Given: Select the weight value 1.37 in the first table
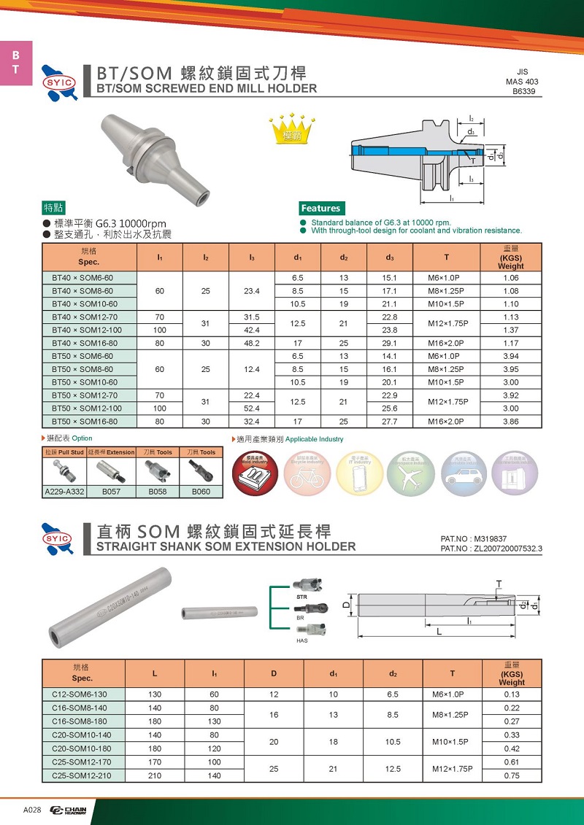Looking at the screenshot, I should [510, 328].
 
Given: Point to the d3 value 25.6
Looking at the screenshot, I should [389, 408].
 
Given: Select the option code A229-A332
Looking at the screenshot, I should [65, 492].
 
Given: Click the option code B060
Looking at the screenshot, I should [201, 492].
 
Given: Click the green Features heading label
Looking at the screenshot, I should [320, 208].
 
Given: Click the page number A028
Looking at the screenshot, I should [32, 810].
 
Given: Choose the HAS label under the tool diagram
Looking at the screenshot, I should [301, 640].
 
